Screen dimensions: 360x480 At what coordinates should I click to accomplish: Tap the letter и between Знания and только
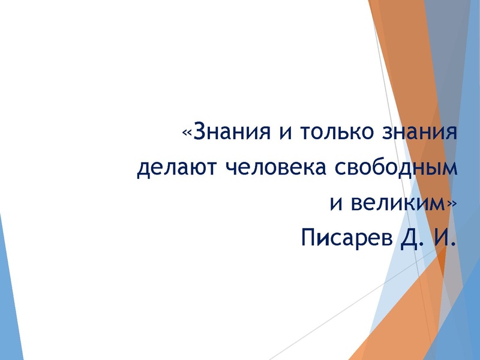282,133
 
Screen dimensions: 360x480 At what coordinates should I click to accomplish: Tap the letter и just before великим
337,203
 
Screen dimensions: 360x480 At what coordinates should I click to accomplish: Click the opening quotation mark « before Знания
187,133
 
